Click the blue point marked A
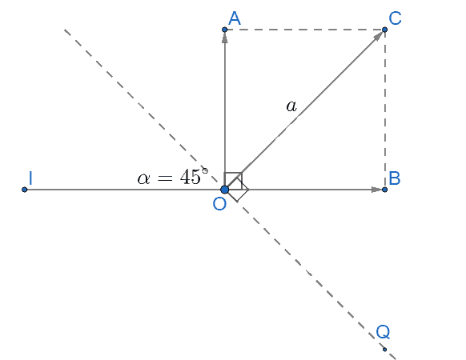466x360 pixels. pos(225,30)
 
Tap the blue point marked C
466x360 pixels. pos(384,30)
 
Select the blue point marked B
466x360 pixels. pos(384,190)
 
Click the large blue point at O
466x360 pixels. pos(225,190)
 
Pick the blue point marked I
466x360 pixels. pos(24,190)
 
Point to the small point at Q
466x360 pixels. pos(384,350)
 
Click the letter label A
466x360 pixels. pos(234,18)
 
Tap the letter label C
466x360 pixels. pos(395,18)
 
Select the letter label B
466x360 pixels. pos(395,178)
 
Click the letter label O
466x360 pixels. pos(219,204)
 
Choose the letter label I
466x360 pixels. pos(30,178)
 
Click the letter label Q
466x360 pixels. pos(383,331)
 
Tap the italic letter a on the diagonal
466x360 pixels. pos(291,106)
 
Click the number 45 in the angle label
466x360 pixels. pos(191,177)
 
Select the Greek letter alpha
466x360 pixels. pos(143,178)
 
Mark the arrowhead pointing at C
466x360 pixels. pos(378,36)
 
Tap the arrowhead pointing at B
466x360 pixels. pos(376,190)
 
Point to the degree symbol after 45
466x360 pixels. pos(205,170)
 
